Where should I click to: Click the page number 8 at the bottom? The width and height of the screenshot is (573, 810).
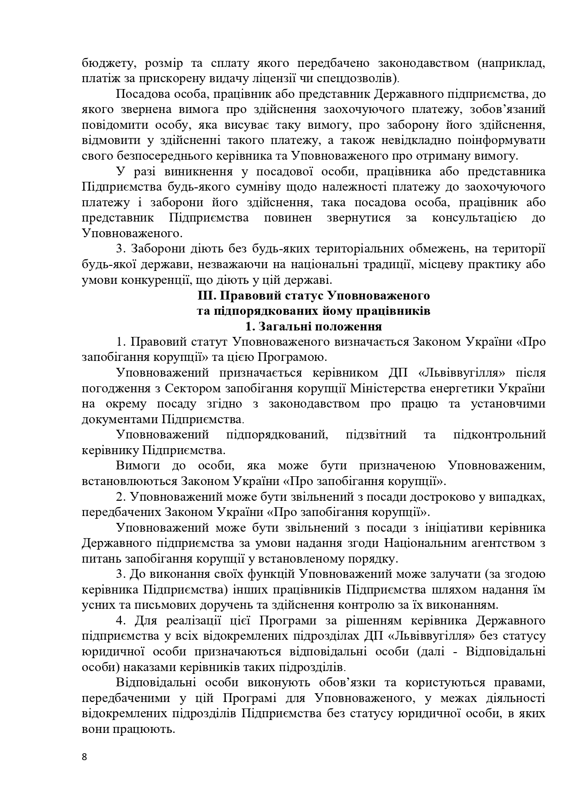(84, 757)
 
